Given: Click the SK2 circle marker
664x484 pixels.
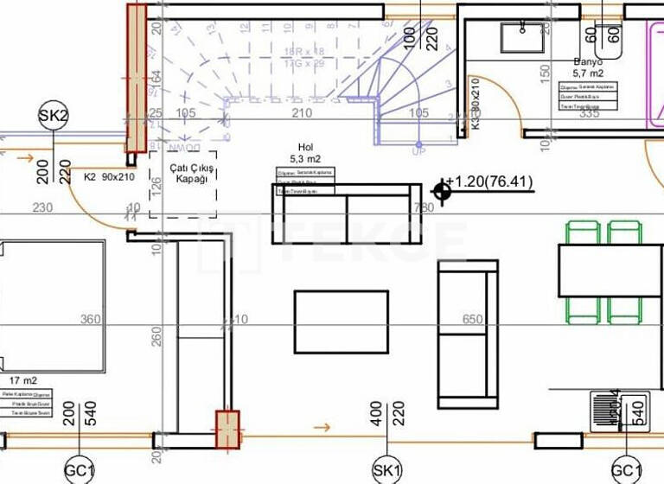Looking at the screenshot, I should (x=53, y=115).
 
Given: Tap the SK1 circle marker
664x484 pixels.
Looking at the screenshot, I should (x=386, y=469).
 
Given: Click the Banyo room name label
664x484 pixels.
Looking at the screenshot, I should (x=588, y=62).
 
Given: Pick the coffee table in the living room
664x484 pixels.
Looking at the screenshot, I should (x=342, y=322).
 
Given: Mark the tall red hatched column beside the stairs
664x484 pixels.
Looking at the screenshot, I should (x=137, y=78).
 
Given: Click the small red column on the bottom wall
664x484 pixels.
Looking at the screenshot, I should (x=227, y=430).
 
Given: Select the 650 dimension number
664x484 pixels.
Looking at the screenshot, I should (x=473, y=319).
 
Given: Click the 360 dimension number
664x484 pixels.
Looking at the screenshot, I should (x=90, y=319).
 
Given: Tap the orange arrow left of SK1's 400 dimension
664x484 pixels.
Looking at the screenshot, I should (x=321, y=427).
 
